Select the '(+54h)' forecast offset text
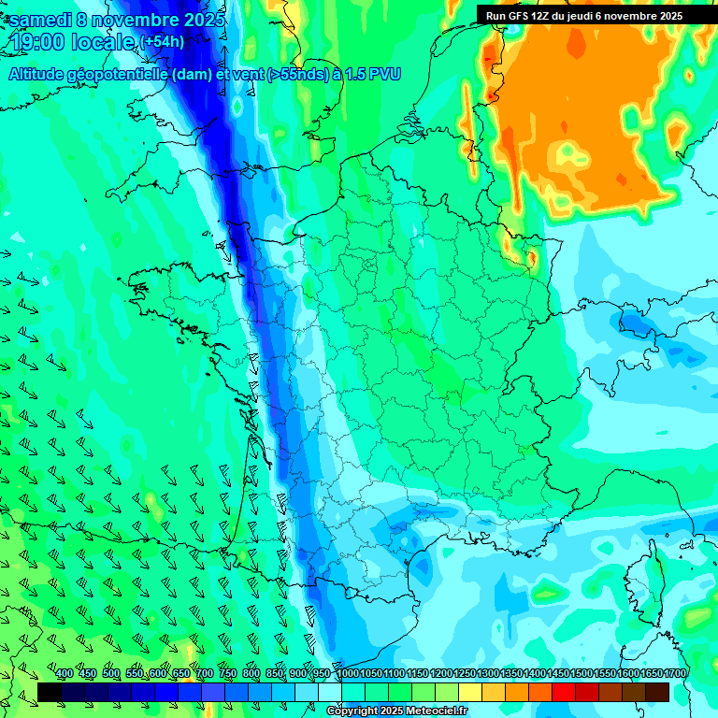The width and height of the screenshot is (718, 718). click(162, 42)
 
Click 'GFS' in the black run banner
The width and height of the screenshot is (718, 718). click(519, 16)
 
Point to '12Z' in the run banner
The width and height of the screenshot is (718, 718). click(541, 16)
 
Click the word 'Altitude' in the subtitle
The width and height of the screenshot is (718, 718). click(39, 74)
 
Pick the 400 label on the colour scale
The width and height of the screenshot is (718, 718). click(65, 674)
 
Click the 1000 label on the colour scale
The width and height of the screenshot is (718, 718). click(347, 674)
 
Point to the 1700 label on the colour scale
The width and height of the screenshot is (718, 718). click(675, 674)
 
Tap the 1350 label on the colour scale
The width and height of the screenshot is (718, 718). click(511, 674)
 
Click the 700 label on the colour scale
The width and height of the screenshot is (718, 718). click(205, 674)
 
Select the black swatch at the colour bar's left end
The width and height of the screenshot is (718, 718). click(50, 692)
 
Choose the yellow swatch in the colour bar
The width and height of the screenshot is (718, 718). click(470, 692)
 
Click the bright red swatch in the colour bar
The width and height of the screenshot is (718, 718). click(564, 692)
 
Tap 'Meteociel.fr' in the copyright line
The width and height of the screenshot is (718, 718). click(434, 711)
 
